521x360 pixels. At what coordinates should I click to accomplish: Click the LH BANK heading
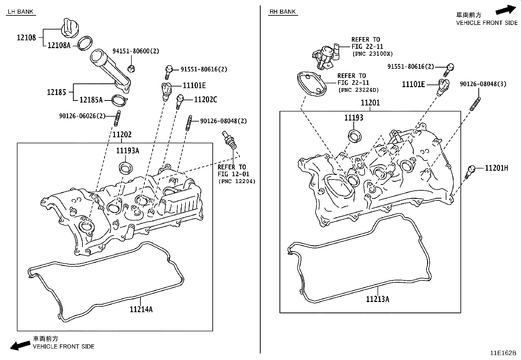pos(21,12)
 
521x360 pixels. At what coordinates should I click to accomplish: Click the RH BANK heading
pos(282,12)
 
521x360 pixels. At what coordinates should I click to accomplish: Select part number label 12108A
pos(59,46)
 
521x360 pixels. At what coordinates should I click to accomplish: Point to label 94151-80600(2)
pos(136,51)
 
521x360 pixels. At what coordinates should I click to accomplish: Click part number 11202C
pos(206,100)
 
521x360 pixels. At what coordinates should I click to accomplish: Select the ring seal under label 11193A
pos(126,167)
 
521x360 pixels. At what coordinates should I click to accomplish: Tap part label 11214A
pos(141,309)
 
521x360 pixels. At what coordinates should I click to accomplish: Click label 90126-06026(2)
pos(82,116)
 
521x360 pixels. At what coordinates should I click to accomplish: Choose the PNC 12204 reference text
pos(237,181)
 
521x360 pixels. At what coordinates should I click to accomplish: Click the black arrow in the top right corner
pos(505,10)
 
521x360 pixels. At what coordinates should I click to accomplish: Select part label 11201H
pos(496,168)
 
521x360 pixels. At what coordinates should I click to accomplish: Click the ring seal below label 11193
pos(354,136)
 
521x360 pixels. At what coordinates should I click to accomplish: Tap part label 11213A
pos(377,299)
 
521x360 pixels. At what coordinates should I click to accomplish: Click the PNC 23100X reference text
pos(372,54)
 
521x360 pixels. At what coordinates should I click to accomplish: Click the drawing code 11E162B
pos(503,353)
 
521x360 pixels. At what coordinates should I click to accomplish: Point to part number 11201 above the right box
pos(370,103)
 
